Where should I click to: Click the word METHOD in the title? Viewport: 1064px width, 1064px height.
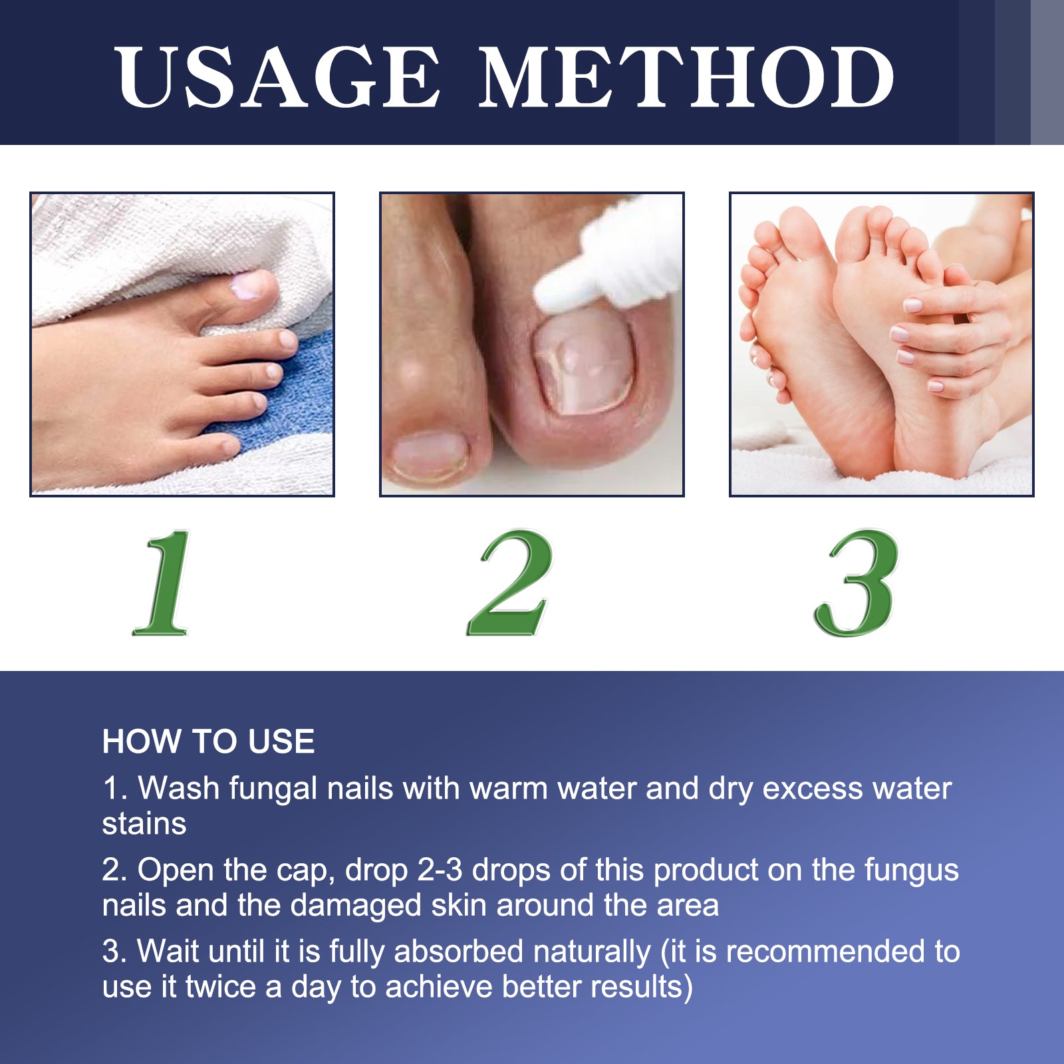[x=686, y=76]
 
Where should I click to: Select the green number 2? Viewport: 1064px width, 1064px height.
[x=511, y=583]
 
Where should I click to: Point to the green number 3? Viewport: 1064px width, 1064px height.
[x=857, y=583]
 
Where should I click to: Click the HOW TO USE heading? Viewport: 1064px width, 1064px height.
[x=208, y=741]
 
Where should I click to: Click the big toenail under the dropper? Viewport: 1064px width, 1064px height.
[x=584, y=362]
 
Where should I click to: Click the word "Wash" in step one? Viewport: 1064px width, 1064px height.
[x=178, y=789]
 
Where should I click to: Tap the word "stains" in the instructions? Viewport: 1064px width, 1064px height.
[x=144, y=824]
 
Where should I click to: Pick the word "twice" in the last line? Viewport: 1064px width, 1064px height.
[x=221, y=987]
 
